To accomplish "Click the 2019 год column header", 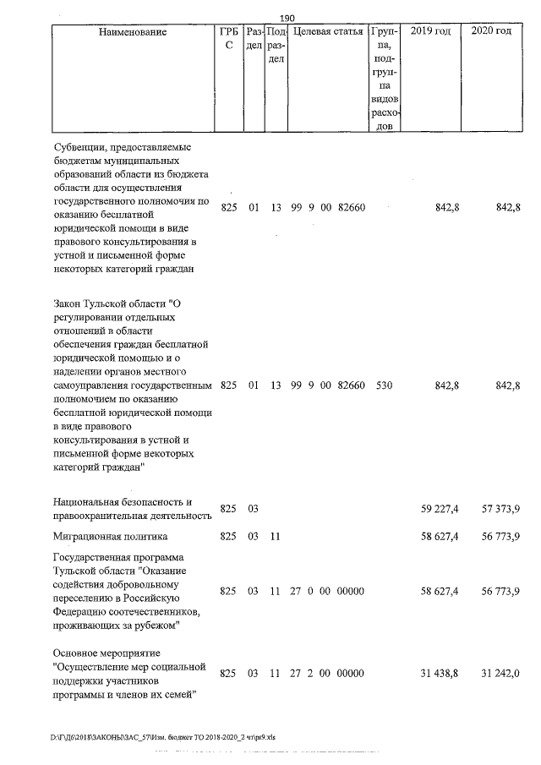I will tap(430, 32).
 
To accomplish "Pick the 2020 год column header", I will tap(491, 32).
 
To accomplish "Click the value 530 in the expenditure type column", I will tap(384, 385).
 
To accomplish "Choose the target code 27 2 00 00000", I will tap(327, 674).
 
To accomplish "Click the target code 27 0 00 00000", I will tap(327, 592).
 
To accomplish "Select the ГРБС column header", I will tap(227, 39).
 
